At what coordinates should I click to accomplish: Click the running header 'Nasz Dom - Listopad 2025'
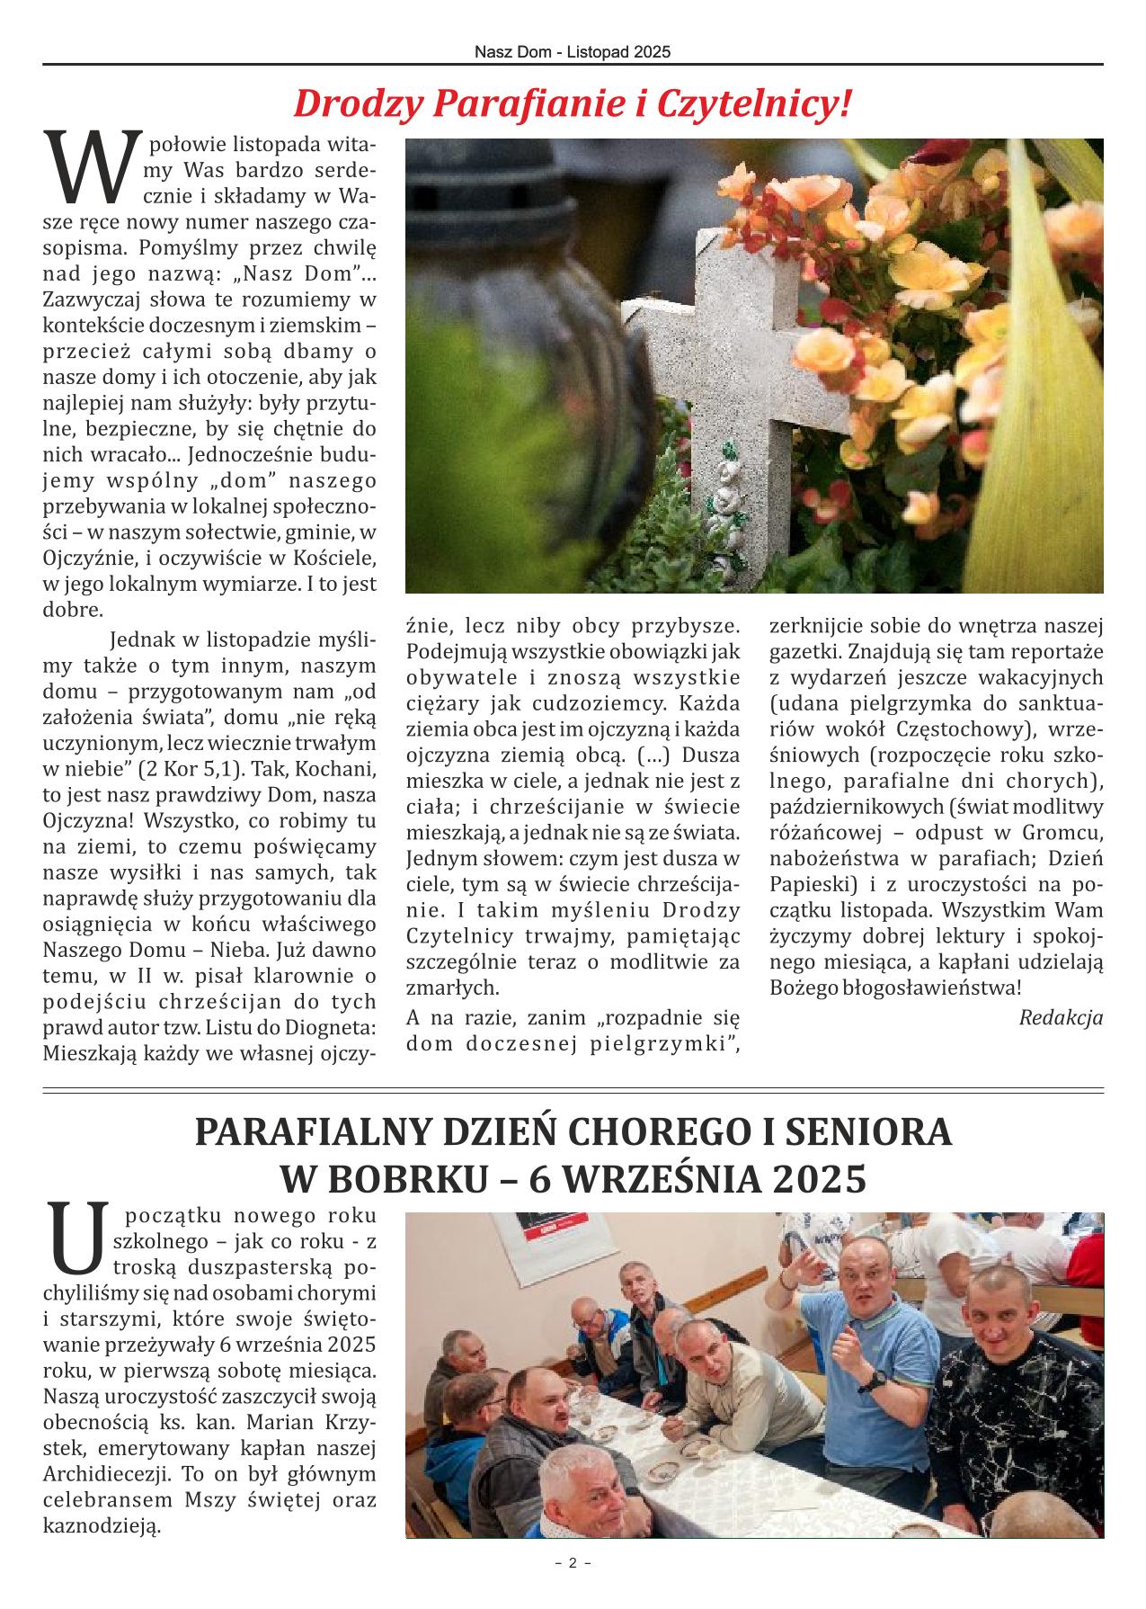pyautogui.click(x=573, y=53)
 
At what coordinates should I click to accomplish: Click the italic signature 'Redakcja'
pyautogui.click(x=1061, y=1017)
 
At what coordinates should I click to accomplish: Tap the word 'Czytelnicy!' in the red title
pyautogui.click(x=755, y=105)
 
